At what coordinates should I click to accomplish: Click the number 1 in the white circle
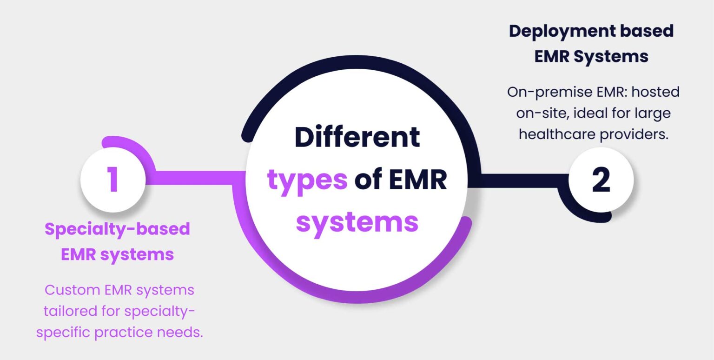point(113,180)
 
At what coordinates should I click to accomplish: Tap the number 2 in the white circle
point(601,180)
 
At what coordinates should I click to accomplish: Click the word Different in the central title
point(357,138)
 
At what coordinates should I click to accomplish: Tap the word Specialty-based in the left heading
point(117,229)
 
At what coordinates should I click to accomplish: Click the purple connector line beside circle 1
point(195,177)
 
